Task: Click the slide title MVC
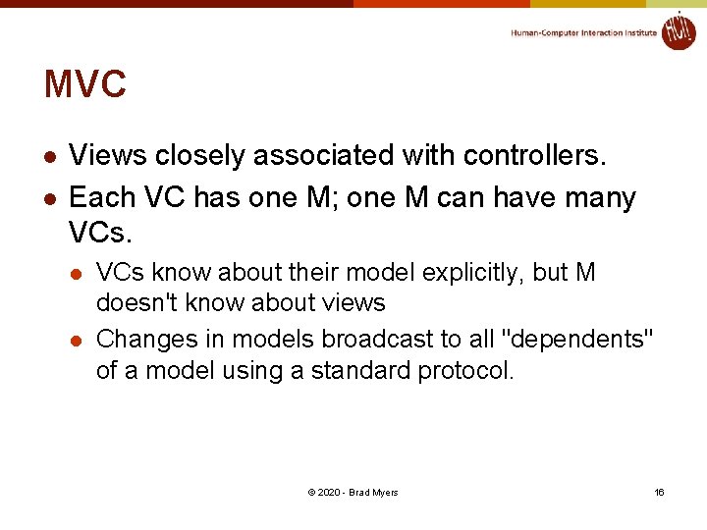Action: pyautogui.click(x=85, y=84)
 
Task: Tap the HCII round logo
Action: pyautogui.click(x=678, y=30)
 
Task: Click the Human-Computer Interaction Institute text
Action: pyautogui.click(x=583, y=32)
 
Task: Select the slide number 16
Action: pyautogui.click(x=659, y=492)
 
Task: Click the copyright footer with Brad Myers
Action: pyautogui.click(x=353, y=492)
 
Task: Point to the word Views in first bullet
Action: pyautogui.click(x=108, y=155)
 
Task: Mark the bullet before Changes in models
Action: pyautogui.click(x=78, y=341)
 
